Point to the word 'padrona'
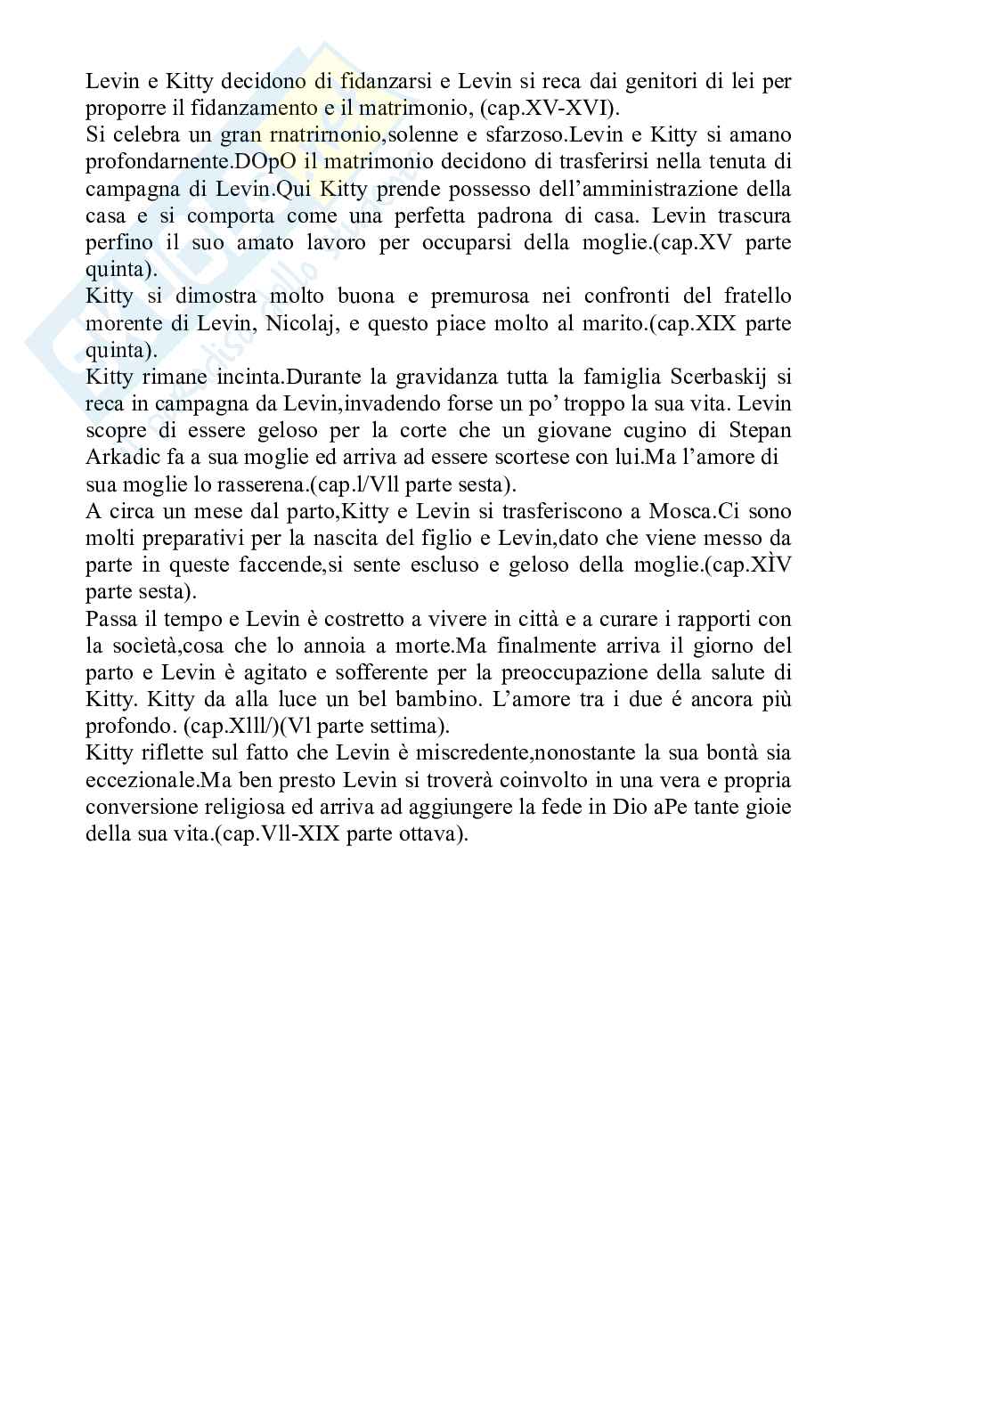[x=533, y=215]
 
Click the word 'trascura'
[x=755, y=215]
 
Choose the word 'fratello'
[x=756, y=296]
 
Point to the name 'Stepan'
[x=761, y=430]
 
